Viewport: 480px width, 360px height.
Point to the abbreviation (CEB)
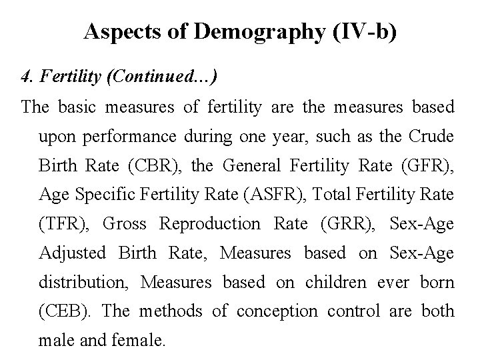pyautogui.click(x=63, y=312)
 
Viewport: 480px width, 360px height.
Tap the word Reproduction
pyautogui.click(x=211, y=224)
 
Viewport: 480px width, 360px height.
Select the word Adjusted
pyautogui.click(x=73, y=253)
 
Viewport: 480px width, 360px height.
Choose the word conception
pyautogui.click(x=272, y=312)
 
